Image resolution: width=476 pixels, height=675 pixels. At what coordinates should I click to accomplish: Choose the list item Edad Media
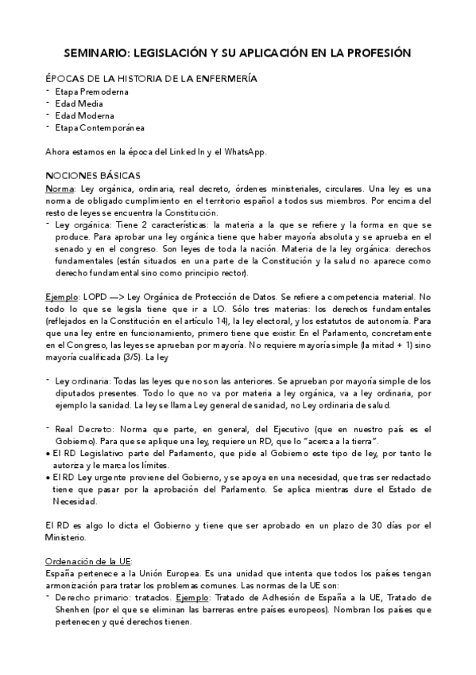[x=79, y=103]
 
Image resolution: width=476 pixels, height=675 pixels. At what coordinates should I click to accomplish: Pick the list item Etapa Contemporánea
[x=100, y=127]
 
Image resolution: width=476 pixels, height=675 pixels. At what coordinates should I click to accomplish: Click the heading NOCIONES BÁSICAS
[x=93, y=175]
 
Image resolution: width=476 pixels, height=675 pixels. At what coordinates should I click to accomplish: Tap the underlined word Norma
[x=60, y=188]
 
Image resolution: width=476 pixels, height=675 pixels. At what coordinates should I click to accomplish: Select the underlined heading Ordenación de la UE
[x=88, y=561]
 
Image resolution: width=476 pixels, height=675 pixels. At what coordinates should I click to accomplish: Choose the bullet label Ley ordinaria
[x=83, y=380]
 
